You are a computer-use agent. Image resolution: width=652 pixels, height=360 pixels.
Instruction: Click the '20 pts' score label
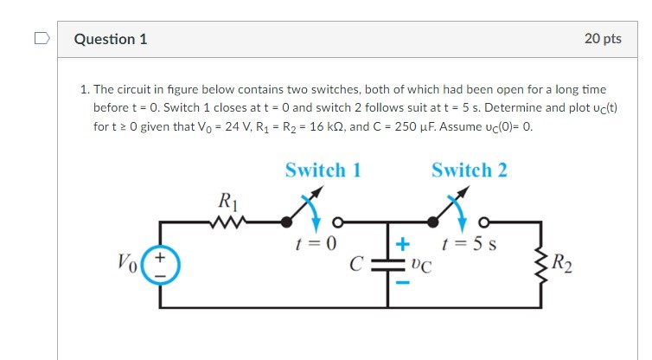(603, 39)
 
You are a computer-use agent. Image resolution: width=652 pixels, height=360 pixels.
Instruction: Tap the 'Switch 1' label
(323, 170)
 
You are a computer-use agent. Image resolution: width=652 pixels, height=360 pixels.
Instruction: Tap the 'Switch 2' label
(470, 170)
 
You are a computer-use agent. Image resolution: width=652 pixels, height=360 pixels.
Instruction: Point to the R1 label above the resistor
(227, 203)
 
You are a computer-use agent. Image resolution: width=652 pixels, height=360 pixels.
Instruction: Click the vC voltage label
(421, 266)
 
